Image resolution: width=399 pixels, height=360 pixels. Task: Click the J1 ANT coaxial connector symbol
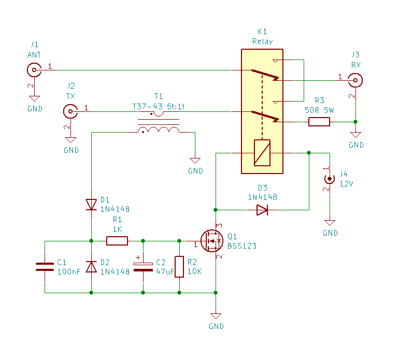coord(34,70)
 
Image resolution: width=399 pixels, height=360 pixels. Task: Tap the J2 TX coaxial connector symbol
coord(70,111)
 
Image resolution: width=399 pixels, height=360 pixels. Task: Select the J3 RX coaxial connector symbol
coord(355,80)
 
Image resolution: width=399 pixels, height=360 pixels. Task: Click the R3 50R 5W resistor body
coord(319,122)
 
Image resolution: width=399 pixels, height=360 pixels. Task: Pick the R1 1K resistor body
coord(117,241)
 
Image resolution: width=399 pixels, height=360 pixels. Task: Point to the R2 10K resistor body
coord(179,267)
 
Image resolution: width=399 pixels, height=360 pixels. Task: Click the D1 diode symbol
coord(91,205)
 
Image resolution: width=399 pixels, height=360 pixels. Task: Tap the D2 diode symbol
coord(91,267)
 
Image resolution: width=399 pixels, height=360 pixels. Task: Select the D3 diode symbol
coord(262,210)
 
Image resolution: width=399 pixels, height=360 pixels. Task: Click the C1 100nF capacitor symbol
coord(45,267)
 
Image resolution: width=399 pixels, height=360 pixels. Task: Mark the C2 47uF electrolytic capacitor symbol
coord(143,267)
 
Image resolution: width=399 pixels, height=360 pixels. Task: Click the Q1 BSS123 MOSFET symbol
coord(212,241)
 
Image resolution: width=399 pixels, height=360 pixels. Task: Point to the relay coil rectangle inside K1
coord(262,153)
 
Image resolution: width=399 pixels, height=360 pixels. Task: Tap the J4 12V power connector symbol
coord(330,179)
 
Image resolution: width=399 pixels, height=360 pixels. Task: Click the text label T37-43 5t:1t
coord(158,107)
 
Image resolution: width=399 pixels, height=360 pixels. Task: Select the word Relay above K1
coord(262,41)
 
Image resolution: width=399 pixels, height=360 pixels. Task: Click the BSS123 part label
coord(242,246)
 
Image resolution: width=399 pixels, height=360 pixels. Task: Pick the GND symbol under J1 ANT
coord(34,98)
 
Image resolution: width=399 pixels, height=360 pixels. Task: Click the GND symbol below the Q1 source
coord(216,316)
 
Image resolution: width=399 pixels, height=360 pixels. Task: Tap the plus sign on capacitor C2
coord(138,257)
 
